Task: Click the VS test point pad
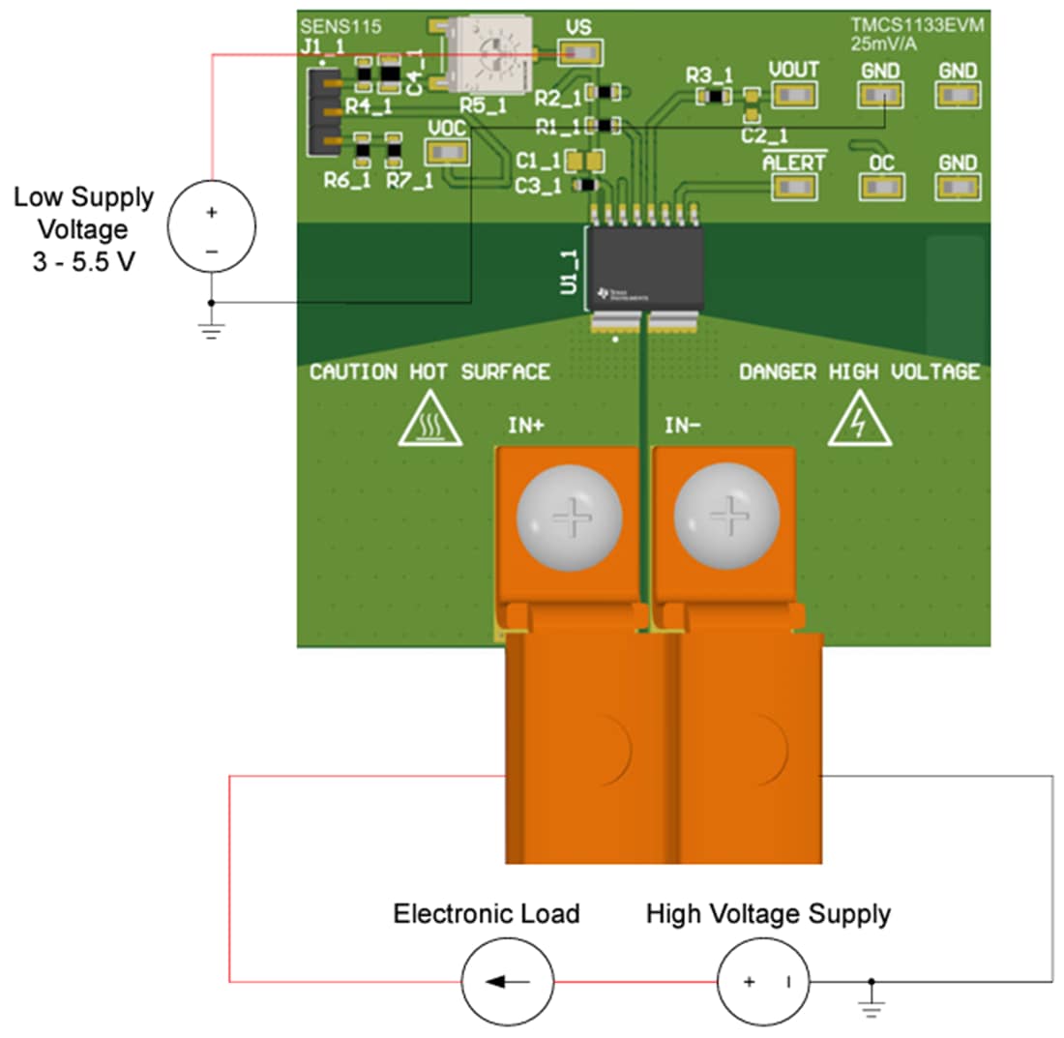point(579,52)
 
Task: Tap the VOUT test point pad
point(794,95)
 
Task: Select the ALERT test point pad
point(794,187)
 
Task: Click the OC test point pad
point(881,187)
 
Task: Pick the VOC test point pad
point(447,152)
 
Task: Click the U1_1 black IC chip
point(643,267)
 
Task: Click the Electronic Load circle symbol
point(507,982)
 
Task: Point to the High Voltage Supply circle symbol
point(762,982)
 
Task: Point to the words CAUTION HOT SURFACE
point(429,372)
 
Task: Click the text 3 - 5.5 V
point(84,261)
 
